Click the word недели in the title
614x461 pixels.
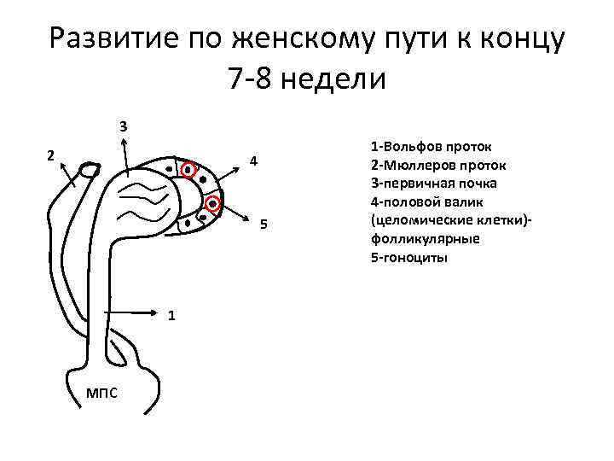click(336, 79)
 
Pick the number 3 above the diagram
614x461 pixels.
click(124, 126)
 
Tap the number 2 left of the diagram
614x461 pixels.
click(51, 156)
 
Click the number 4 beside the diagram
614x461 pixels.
click(252, 162)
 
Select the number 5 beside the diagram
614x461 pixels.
click(264, 225)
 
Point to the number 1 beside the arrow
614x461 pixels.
click(172, 315)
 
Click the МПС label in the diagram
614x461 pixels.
click(102, 392)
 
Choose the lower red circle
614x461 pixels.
click(212, 204)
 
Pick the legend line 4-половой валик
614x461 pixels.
click(427, 201)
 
